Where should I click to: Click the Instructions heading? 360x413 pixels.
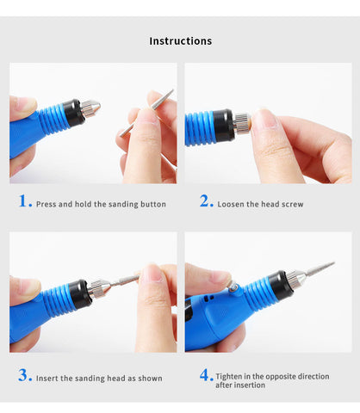[181, 41]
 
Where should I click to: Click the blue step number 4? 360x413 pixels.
[205, 375]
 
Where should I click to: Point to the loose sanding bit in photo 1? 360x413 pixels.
[146, 113]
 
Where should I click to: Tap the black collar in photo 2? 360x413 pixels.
[224, 126]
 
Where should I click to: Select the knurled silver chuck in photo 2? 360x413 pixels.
[242, 123]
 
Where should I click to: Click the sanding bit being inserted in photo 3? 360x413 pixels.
[124, 280]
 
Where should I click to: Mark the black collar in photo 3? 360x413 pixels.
[81, 293]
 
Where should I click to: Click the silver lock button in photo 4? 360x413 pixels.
[233, 287]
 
